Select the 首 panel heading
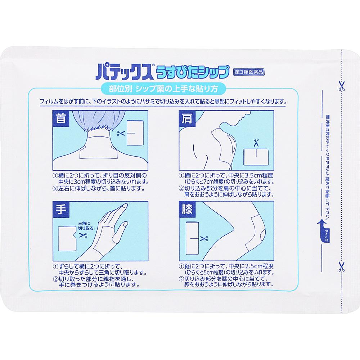(x=61, y=119)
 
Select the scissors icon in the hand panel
(x=83, y=235)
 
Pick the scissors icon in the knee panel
(x=204, y=238)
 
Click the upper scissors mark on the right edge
(x=340, y=86)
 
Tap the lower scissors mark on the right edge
(x=340, y=266)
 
